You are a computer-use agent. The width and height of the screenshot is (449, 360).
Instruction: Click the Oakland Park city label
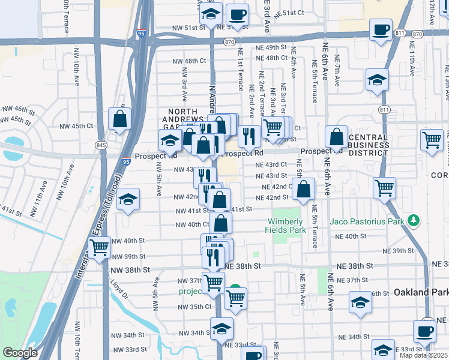(x=420, y=292)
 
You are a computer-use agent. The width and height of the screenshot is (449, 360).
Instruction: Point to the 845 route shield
(x=101, y=145)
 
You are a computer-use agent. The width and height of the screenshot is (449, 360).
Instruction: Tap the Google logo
(x=20, y=353)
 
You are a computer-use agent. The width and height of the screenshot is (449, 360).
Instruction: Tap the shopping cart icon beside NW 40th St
(x=99, y=247)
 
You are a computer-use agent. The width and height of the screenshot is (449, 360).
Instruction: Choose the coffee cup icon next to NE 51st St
(x=237, y=14)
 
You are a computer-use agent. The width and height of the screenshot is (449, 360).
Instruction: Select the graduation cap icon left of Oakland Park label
(x=360, y=303)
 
